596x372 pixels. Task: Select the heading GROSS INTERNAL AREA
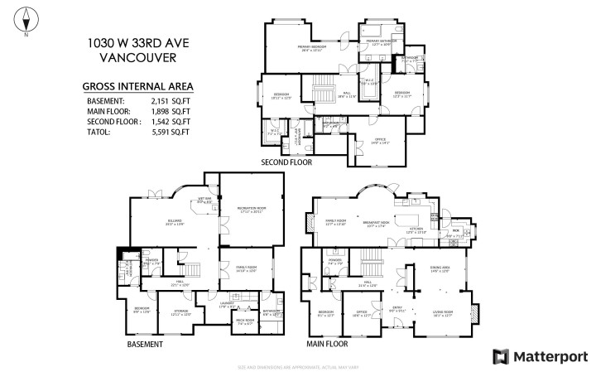pyautogui.click(x=137, y=85)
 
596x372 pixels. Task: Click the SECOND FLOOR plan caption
pyautogui.click(x=286, y=162)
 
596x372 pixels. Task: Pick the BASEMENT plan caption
pyautogui.click(x=144, y=344)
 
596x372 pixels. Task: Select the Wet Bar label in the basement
pyautogui.click(x=204, y=200)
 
